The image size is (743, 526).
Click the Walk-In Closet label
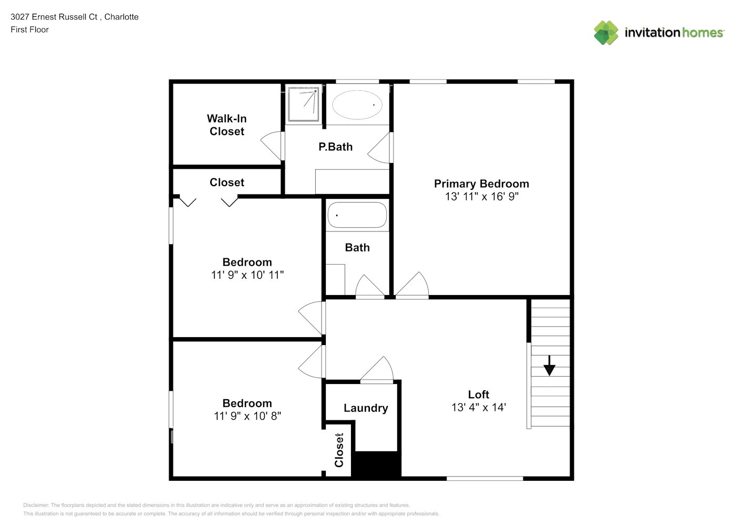tap(227, 125)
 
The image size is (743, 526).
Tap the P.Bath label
tap(335, 147)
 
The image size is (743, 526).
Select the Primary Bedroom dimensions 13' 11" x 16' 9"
tap(482, 197)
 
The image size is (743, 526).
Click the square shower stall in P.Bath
tap(304, 104)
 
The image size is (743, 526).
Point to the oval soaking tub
tap(357, 105)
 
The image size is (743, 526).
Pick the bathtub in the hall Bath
tap(357, 215)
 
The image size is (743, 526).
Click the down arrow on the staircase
tap(549, 366)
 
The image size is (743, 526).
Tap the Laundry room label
tap(366, 408)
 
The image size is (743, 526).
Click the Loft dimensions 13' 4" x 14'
tap(479, 408)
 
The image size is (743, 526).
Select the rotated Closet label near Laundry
tap(339, 450)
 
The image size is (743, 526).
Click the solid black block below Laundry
tap(376, 465)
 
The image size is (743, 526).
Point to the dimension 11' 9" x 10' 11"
tap(247, 275)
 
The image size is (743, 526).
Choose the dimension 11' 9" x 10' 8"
tap(247, 416)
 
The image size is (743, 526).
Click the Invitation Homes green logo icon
tap(606, 33)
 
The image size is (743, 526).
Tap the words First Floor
tap(29, 29)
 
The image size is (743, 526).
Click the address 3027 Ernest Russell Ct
tap(54, 17)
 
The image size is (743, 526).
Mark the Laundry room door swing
tap(377, 369)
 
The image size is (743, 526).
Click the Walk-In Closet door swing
tap(271, 146)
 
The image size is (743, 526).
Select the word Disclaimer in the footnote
tap(36, 505)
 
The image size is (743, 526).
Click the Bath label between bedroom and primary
tap(357, 248)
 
